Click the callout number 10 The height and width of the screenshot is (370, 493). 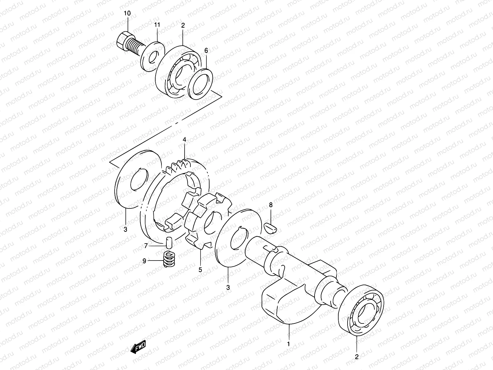pos(127,13)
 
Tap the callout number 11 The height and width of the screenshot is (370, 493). pos(157,24)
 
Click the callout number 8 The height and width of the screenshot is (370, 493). pos(271,205)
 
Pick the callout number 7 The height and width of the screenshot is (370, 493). pos(146,245)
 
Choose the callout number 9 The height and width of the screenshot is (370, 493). pos(144,261)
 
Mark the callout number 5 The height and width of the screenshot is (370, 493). pos(200,270)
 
